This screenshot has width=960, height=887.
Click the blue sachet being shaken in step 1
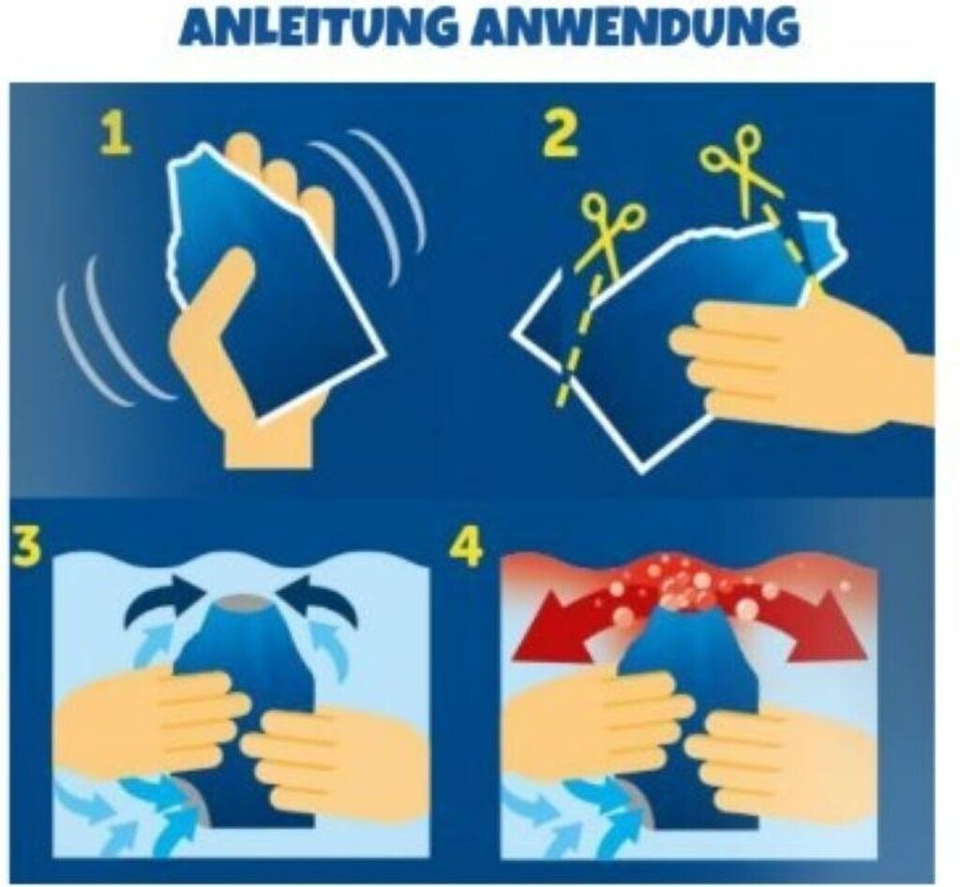point(276,281)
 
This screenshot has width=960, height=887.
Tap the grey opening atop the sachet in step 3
point(242,601)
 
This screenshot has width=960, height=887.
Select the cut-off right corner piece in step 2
point(820,251)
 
